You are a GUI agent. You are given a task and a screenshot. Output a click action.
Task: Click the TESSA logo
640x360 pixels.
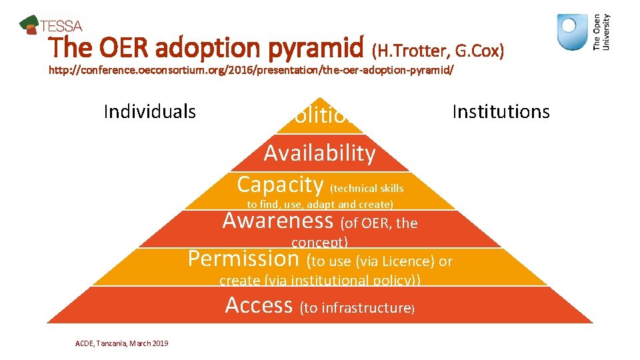tap(51, 25)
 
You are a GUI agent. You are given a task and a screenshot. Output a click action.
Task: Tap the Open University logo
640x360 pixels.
tap(583, 33)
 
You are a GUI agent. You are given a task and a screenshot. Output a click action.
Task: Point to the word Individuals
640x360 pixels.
tap(150, 111)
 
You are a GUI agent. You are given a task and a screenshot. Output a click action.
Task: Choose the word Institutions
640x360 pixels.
tap(501, 111)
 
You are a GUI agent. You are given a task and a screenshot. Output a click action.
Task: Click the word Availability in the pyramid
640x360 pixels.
tap(320, 153)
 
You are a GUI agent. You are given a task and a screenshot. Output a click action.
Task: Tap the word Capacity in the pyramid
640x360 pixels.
tap(280, 184)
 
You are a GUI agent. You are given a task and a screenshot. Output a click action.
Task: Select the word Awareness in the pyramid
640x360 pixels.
tap(278, 221)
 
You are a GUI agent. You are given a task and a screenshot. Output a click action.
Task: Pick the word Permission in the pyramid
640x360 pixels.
tap(244, 259)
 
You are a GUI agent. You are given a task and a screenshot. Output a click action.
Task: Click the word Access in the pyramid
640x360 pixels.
tap(259, 305)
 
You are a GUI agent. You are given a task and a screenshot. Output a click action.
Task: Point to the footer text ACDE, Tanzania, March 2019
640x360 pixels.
tap(122, 343)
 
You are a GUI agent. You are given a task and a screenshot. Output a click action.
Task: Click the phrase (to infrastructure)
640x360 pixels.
tap(358, 308)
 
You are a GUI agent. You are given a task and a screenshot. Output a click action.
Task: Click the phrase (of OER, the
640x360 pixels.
tap(379, 223)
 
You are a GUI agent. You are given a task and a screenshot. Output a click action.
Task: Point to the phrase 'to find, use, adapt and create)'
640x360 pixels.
tap(320, 205)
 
